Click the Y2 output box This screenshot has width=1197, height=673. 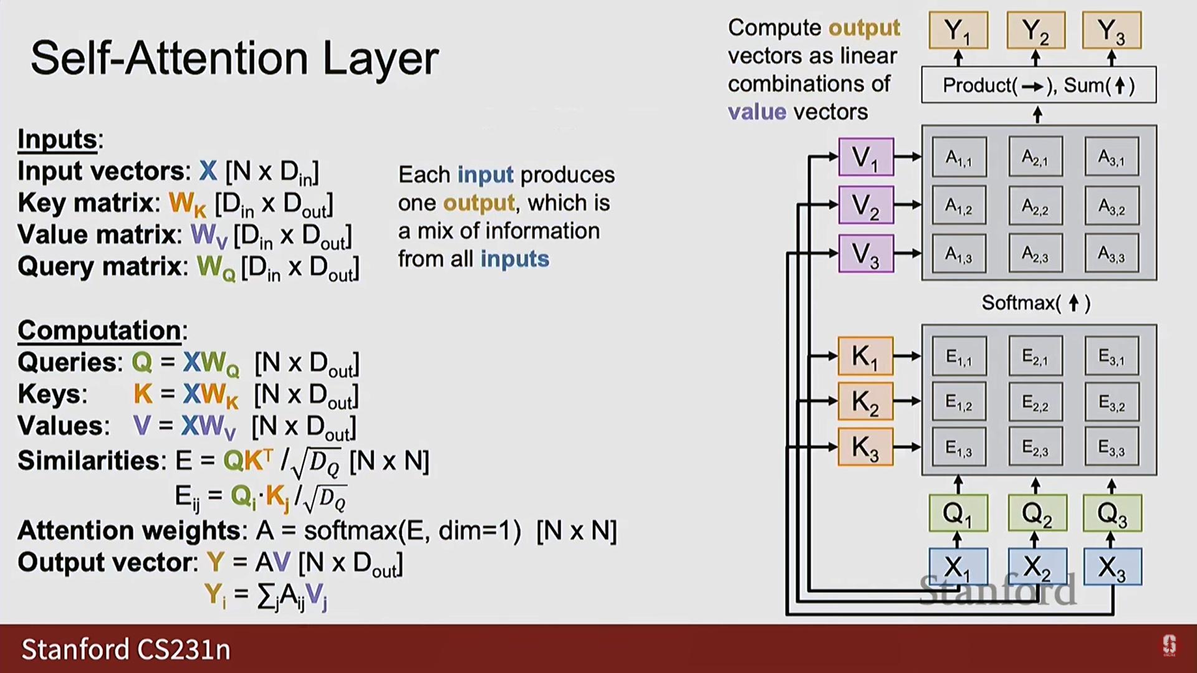pyautogui.click(x=1036, y=30)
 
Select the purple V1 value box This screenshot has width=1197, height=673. pyautogui.click(x=866, y=157)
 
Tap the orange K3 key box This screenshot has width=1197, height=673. pyautogui.click(x=865, y=447)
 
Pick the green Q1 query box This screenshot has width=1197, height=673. pyautogui.click(x=958, y=513)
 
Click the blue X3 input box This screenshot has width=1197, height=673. pyautogui.click(x=1112, y=566)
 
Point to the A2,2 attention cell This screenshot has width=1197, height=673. pyautogui.click(x=1036, y=205)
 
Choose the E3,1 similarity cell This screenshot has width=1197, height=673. pyautogui.click(x=1112, y=356)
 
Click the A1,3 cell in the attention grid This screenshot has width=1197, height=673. pyautogui.click(x=959, y=254)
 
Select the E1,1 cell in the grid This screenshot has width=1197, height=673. pyautogui.click(x=959, y=356)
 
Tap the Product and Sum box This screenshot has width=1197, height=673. pyautogui.click(x=1039, y=85)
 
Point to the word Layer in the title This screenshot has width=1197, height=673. pyautogui.click(x=380, y=59)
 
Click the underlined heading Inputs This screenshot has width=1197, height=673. pyautogui.click(x=57, y=139)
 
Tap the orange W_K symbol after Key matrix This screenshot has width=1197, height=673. pyautogui.click(x=187, y=204)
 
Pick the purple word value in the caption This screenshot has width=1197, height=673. pyautogui.click(x=757, y=112)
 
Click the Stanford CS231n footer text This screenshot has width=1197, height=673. pyautogui.click(x=126, y=649)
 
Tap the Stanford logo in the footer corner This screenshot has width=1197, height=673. pyautogui.click(x=1170, y=646)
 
